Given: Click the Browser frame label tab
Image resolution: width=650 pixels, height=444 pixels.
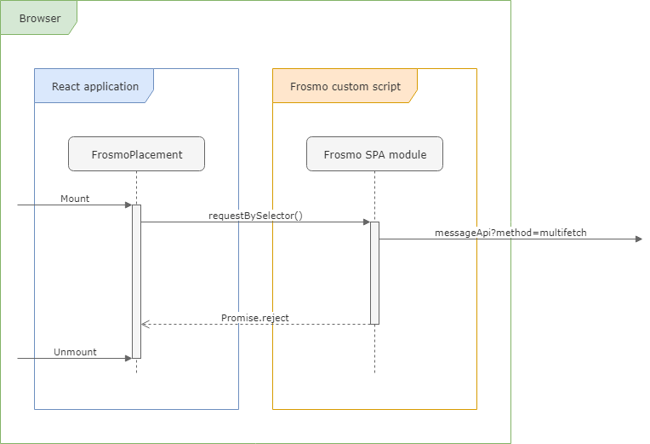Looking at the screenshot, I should coord(39,18).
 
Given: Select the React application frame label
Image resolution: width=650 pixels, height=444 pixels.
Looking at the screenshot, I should coord(94,86).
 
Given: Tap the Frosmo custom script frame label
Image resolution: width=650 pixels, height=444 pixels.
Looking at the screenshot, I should coord(345,86).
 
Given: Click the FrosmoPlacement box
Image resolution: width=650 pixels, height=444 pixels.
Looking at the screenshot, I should coord(136,154).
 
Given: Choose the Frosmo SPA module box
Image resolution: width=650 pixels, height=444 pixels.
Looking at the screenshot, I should coord(374,154).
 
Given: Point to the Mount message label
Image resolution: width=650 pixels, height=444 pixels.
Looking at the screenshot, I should coord(75,199).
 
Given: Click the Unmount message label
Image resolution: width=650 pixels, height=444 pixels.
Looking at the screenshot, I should coord(75,352).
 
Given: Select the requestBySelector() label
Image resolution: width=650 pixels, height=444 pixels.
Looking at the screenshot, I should coord(255,216).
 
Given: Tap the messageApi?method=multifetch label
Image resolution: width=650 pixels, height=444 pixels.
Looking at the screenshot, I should coord(510,233).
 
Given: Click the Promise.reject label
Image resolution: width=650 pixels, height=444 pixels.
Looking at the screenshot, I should coord(255,318).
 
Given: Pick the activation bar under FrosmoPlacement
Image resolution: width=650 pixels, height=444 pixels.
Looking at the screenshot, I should coord(136,281).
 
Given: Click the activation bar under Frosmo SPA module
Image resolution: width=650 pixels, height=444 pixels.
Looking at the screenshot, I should coord(374,273).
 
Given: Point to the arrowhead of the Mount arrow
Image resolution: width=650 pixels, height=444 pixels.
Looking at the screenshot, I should coord(128,205).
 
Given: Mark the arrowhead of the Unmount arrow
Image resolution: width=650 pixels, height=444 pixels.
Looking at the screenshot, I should coord(128,358).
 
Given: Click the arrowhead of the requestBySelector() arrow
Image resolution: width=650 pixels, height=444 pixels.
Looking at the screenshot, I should coord(366,222).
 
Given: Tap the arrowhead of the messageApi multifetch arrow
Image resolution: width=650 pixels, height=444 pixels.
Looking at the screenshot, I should coord(638,239).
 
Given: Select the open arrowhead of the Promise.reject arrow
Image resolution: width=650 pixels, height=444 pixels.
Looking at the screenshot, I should coord(145,324).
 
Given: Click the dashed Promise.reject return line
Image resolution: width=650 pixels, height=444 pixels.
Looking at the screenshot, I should coord(255,324).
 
